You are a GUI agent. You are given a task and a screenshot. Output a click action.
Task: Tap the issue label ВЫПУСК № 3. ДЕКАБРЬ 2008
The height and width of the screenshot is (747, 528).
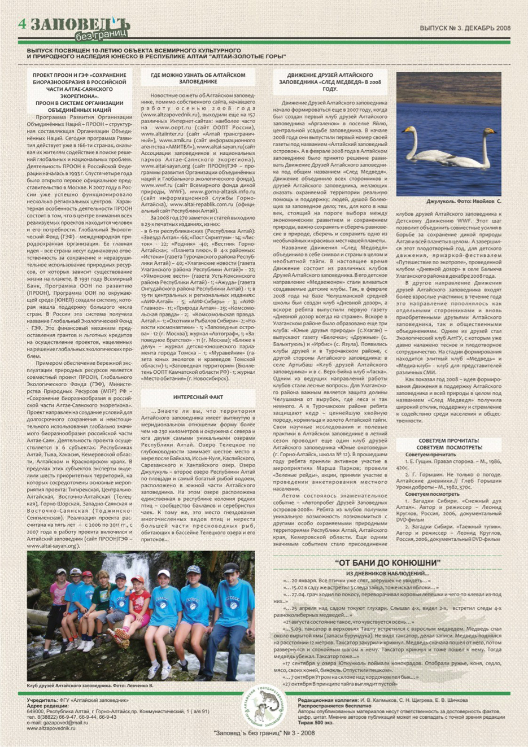point(465,27)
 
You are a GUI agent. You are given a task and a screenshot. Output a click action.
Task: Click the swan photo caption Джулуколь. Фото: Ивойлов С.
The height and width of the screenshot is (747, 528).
point(464,200)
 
